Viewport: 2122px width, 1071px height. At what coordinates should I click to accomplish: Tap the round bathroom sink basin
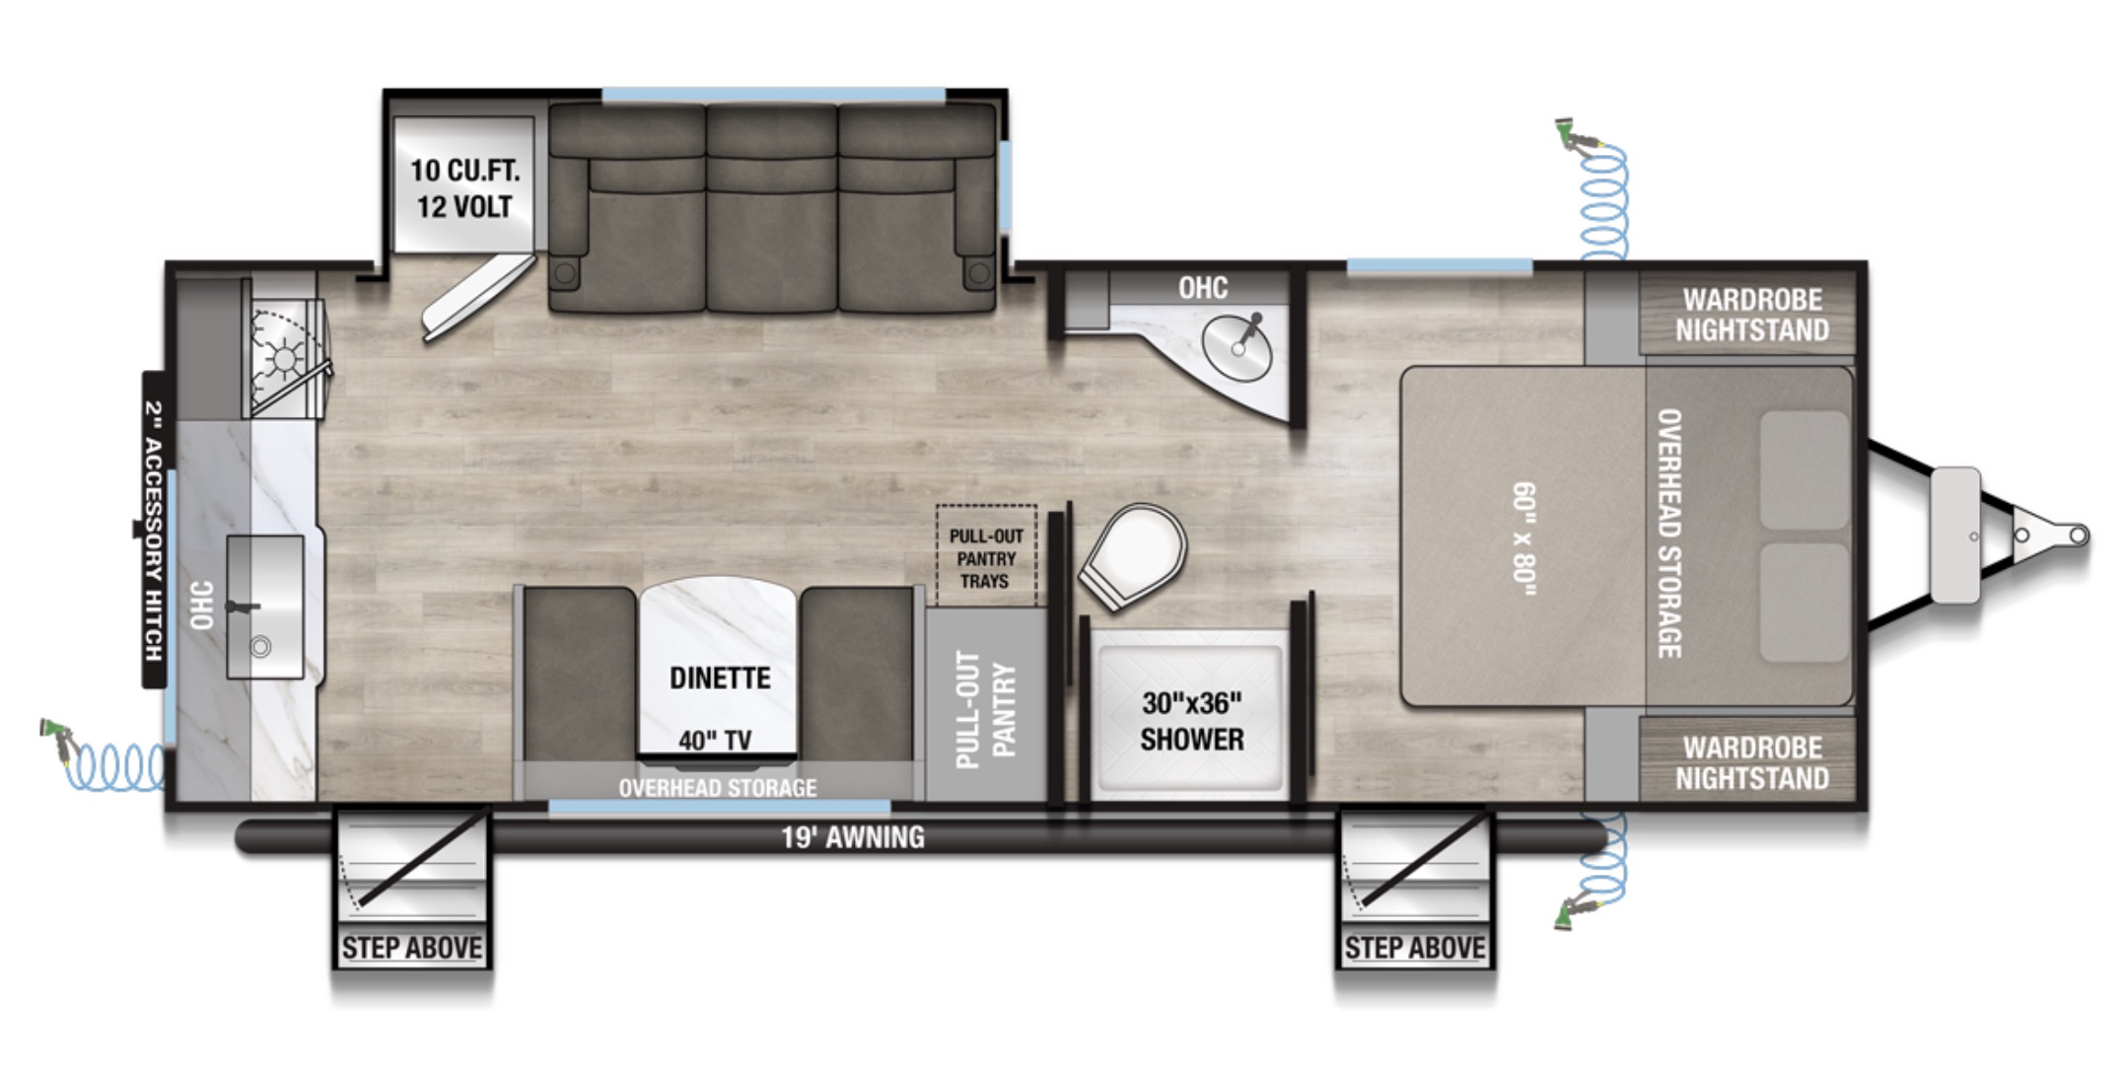point(1236,350)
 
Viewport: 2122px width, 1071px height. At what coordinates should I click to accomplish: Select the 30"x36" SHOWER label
point(1191,721)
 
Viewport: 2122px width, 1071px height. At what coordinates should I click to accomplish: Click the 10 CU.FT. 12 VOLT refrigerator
point(463,186)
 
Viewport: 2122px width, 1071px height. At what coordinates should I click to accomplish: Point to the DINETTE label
point(720,678)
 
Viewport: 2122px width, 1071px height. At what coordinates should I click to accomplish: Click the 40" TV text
point(715,740)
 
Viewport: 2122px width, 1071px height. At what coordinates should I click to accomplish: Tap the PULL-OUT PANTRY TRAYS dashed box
point(986,556)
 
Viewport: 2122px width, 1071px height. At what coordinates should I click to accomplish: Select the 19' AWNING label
point(853,837)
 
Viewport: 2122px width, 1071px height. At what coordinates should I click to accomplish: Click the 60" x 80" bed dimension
point(1524,538)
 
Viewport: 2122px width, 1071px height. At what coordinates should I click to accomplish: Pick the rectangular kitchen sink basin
point(265,607)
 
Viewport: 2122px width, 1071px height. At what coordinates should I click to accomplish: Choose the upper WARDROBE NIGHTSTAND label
point(1752,315)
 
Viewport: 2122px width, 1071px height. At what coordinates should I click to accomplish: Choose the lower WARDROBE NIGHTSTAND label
point(1752,763)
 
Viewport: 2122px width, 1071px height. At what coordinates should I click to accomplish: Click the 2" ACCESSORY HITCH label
point(154,531)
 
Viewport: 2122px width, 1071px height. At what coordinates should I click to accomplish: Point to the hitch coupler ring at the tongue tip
point(2079,535)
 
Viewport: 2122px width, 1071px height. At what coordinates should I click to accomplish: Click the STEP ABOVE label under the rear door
point(412,948)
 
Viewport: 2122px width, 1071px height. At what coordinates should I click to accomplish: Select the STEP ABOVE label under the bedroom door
point(1415,948)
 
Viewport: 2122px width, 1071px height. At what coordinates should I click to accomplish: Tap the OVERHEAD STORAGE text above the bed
point(1668,534)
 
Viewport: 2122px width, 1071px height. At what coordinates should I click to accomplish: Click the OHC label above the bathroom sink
point(1203,288)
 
